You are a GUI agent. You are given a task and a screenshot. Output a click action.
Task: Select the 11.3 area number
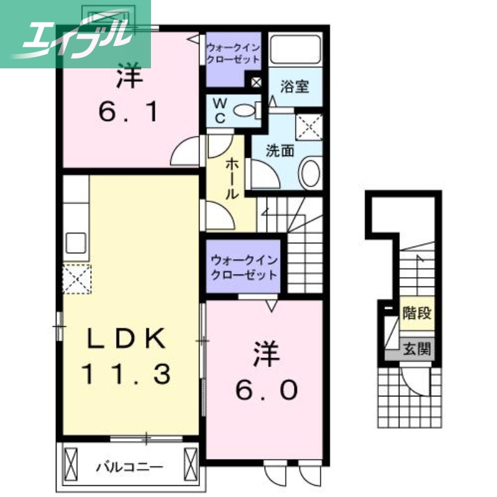click(127, 373)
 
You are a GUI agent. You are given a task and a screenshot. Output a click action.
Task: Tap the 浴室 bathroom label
click(294, 87)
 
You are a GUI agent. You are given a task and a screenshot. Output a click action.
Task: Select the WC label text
click(219, 111)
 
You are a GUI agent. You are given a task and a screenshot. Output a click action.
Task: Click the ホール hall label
click(231, 177)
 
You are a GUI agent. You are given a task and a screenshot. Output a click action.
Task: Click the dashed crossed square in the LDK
click(76, 278)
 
